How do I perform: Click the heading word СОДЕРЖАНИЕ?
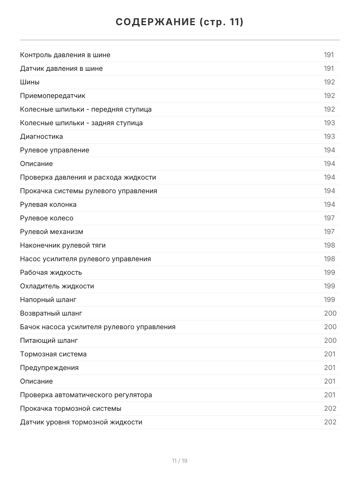pyautogui.click(x=156, y=22)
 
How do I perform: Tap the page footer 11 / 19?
pyautogui.click(x=180, y=461)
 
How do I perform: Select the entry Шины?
pyautogui.click(x=30, y=82)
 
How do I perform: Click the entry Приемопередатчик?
pyautogui.click(x=53, y=96)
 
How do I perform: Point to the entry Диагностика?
pyautogui.click(x=42, y=136)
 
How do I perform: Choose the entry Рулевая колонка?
pyautogui.click(x=48, y=204)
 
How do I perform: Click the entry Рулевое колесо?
pyautogui.click(x=47, y=218)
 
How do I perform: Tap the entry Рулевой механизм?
pyautogui.click(x=52, y=232)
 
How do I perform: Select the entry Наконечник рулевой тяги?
pyautogui.click(x=63, y=245)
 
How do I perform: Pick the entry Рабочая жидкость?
pyautogui.click(x=51, y=272)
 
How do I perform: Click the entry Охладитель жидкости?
pyautogui.click(x=57, y=286)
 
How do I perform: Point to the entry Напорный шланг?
pyautogui.click(x=48, y=300)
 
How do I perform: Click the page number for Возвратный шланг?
pyautogui.click(x=330, y=313)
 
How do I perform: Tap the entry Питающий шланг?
pyautogui.click(x=49, y=340)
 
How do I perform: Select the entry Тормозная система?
pyautogui.click(x=53, y=354)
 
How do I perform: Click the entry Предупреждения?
pyautogui.click(x=49, y=368)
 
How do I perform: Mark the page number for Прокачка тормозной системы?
pyautogui.click(x=330, y=408)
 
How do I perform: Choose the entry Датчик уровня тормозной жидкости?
pyautogui.click(x=81, y=422)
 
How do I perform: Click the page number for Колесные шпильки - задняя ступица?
pyautogui.click(x=329, y=123)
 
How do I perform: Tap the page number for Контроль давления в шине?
pyautogui.click(x=329, y=55)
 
